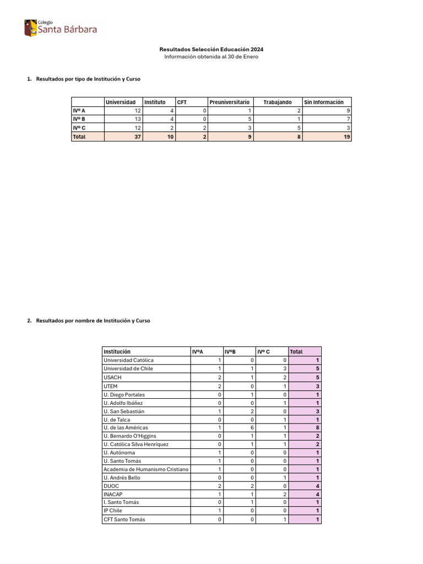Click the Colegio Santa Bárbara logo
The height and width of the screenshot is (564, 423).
[60, 28]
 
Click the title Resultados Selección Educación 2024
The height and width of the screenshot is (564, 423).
[211, 49]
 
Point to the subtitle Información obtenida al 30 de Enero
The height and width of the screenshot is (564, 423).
[211, 57]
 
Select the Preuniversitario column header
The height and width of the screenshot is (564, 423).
[229, 102]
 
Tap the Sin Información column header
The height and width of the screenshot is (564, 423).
[324, 102]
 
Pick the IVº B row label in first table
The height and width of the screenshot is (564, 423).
[79, 120]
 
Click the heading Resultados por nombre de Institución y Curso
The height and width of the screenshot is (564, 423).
[93, 321]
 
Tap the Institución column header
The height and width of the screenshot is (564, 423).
[117, 351]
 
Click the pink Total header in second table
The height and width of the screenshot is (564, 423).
[296, 351]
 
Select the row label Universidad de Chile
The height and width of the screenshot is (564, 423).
[128, 368]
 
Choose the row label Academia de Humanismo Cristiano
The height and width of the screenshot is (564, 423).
[146, 469]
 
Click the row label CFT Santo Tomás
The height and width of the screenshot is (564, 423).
[124, 519]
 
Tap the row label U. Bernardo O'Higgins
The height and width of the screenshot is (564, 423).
[129, 436]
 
